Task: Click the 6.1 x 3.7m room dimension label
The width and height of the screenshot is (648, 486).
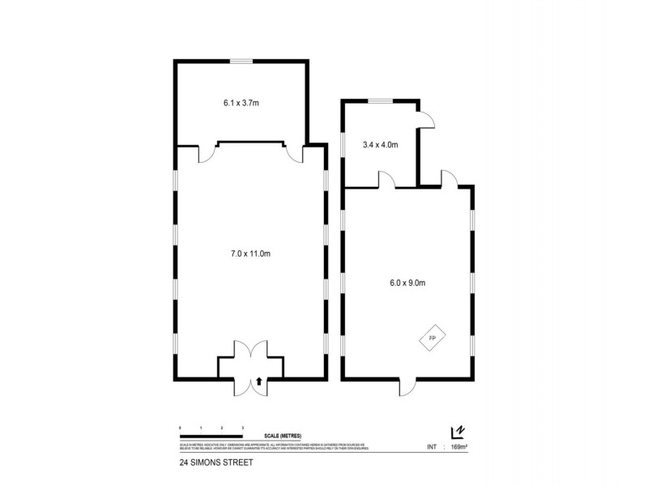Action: point(241,103)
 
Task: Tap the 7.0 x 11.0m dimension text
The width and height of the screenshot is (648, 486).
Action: point(250,254)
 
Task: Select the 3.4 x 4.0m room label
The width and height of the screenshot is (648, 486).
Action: point(381,145)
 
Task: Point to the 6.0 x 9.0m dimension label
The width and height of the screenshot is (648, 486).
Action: point(407,283)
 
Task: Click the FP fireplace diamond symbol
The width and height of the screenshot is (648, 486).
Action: point(432,336)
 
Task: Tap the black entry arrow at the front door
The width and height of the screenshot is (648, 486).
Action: point(258,381)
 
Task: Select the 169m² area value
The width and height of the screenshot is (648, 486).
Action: point(460,446)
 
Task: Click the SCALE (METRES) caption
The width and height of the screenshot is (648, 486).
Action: point(278,437)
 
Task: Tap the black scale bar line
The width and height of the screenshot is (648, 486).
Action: point(211,432)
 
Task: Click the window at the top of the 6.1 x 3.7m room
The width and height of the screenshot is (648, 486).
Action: point(241,61)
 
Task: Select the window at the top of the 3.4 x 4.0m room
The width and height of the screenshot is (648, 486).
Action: point(381,100)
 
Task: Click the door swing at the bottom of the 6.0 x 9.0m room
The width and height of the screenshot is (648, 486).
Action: point(407,386)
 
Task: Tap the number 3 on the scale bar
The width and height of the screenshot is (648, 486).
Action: point(242,425)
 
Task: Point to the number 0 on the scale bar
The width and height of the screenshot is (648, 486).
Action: point(179,425)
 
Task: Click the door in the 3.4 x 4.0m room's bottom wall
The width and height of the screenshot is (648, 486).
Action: point(386,180)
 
